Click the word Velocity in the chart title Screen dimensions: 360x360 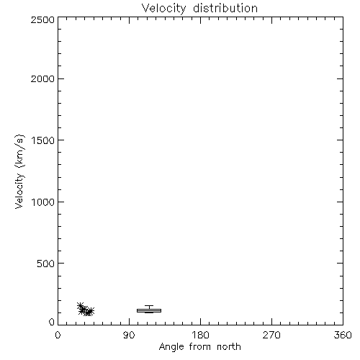pyautogui.click(x=163, y=9)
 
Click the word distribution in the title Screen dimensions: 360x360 pyautogui.click(x=225, y=8)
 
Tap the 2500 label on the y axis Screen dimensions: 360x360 pyautogui.click(x=42, y=19)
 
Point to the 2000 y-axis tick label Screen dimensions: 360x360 pyautogui.click(x=42, y=78)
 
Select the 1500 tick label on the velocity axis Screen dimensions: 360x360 pyautogui.click(x=43, y=140)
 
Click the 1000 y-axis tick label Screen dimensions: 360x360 pyautogui.click(x=43, y=202)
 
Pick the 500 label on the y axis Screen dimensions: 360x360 pyautogui.click(x=46, y=264)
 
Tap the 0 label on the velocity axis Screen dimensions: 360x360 pyautogui.click(x=52, y=322)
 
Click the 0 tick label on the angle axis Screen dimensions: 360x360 pyautogui.click(x=58, y=335)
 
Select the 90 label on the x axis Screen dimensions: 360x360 pyautogui.click(x=129, y=335)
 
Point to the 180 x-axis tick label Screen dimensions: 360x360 pyautogui.click(x=200, y=335)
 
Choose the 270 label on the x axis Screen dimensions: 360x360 pyautogui.click(x=271, y=335)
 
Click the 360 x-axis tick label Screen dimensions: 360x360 pyautogui.click(x=343, y=335)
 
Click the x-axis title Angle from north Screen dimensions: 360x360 pyautogui.click(x=200, y=347)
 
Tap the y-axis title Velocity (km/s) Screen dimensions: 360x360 pyautogui.click(x=19, y=171)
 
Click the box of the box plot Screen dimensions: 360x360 pyautogui.click(x=149, y=310)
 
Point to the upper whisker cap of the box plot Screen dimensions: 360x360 pyautogui.click(x=149, y=305)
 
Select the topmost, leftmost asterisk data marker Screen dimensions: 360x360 pyautogui.click(x=81, y=306)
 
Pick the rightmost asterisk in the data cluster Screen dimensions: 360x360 pyautogui.click(x=91, y=311)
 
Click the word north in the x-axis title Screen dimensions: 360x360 pyautogui.click(x=229, y=346)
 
